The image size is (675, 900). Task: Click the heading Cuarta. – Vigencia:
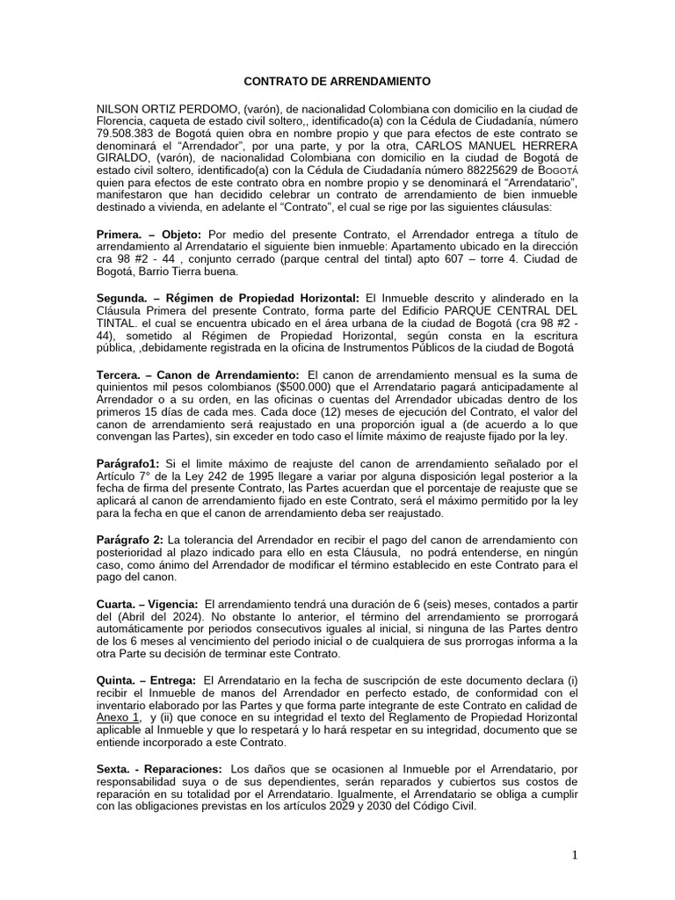pos(147,605)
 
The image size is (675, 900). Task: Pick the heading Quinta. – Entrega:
pos(147,681)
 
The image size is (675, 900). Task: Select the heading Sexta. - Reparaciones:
pos(158,768)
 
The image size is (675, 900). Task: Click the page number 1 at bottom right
pos(575,857)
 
